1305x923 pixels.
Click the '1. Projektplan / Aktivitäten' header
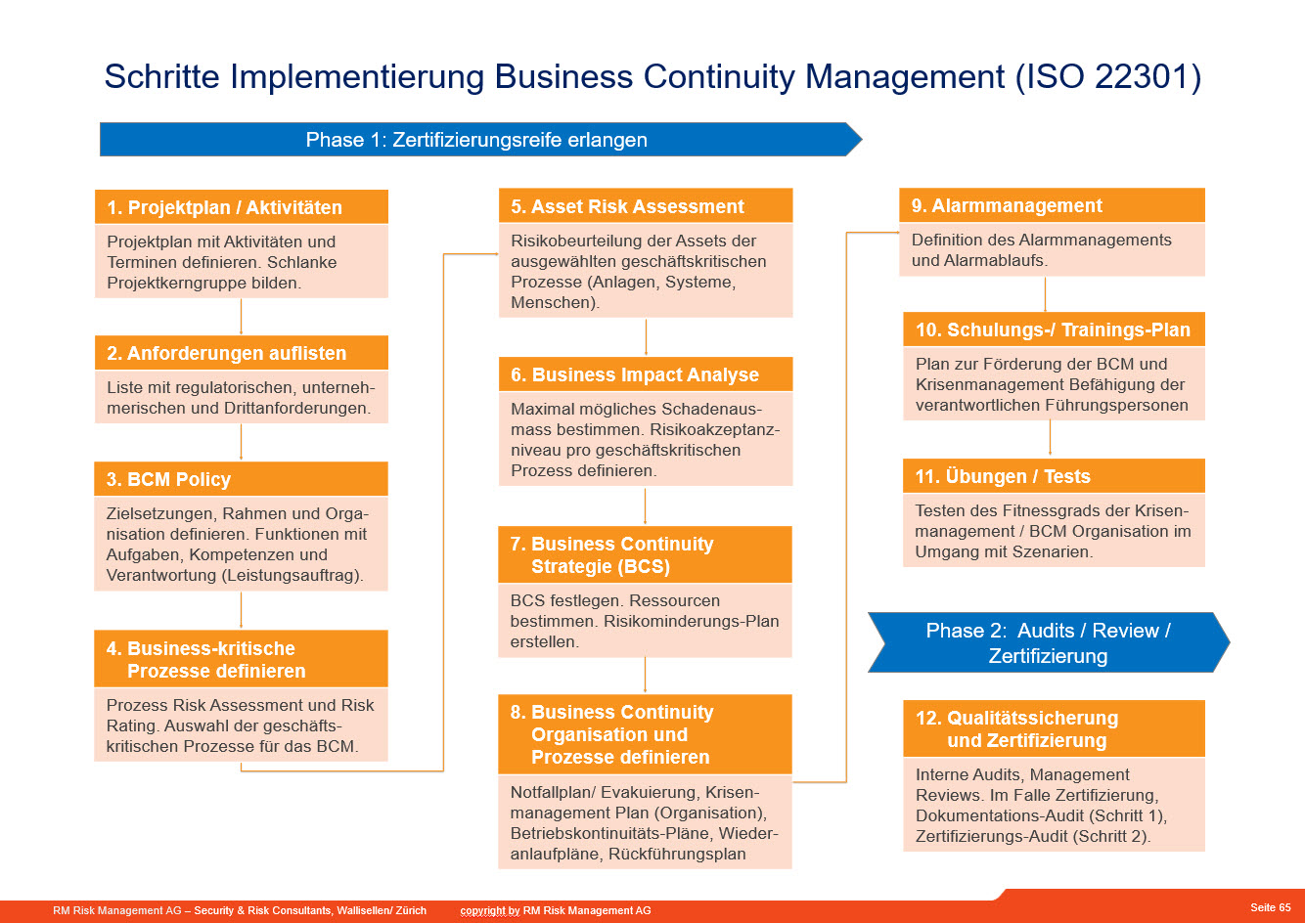coord(242,206)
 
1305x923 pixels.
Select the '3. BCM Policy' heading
coord(242,479)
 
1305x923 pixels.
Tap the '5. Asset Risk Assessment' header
coord(646,205)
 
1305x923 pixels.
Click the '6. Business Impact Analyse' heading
coord(646,374)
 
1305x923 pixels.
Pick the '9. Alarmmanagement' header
coord(1052,205)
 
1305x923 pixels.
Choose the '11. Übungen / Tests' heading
coord(1054,476)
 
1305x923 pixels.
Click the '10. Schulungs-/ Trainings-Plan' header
coord(1054,330)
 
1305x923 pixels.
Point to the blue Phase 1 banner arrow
coord(480,139)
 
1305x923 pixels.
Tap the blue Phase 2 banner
coord(1049,642)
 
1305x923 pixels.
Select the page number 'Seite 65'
coord(1270,907)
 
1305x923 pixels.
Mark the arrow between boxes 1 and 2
coord(242,317)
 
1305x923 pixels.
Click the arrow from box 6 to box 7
coord(645,506)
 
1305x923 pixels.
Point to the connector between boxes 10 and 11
coord(1050,438)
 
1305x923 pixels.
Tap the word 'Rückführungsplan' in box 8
coord(677,854)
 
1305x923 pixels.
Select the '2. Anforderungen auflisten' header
coord(242,352)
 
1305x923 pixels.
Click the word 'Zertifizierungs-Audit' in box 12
coord(994,836)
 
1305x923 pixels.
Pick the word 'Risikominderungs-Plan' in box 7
coord(691,621)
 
